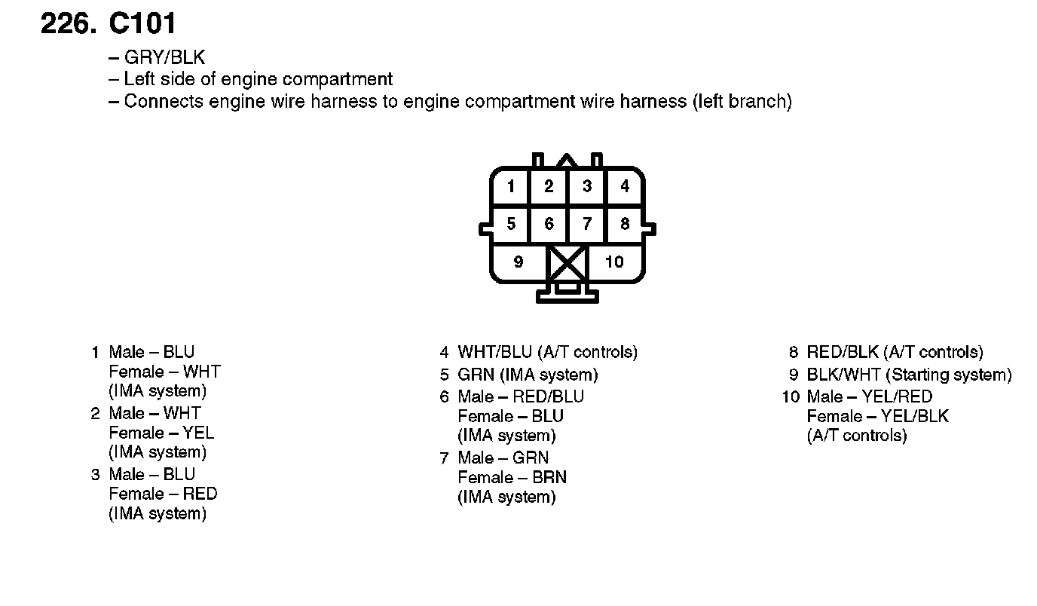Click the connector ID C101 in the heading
coord(142,24)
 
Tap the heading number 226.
coord(69,24)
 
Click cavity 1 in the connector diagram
coord(511,186)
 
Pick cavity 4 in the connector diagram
coord(625,186)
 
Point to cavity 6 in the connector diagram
coord(549,224)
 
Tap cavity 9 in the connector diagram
coord(518,262)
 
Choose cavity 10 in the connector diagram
coord(615,262)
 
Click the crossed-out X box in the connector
coord(567,263)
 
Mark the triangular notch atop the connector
coord(567,160)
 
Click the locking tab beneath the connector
coord(567,293)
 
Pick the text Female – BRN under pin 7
coord(512,477)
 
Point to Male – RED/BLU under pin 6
coord(520,396)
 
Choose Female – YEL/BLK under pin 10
coord(877,416)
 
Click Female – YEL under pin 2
coord(161,433)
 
